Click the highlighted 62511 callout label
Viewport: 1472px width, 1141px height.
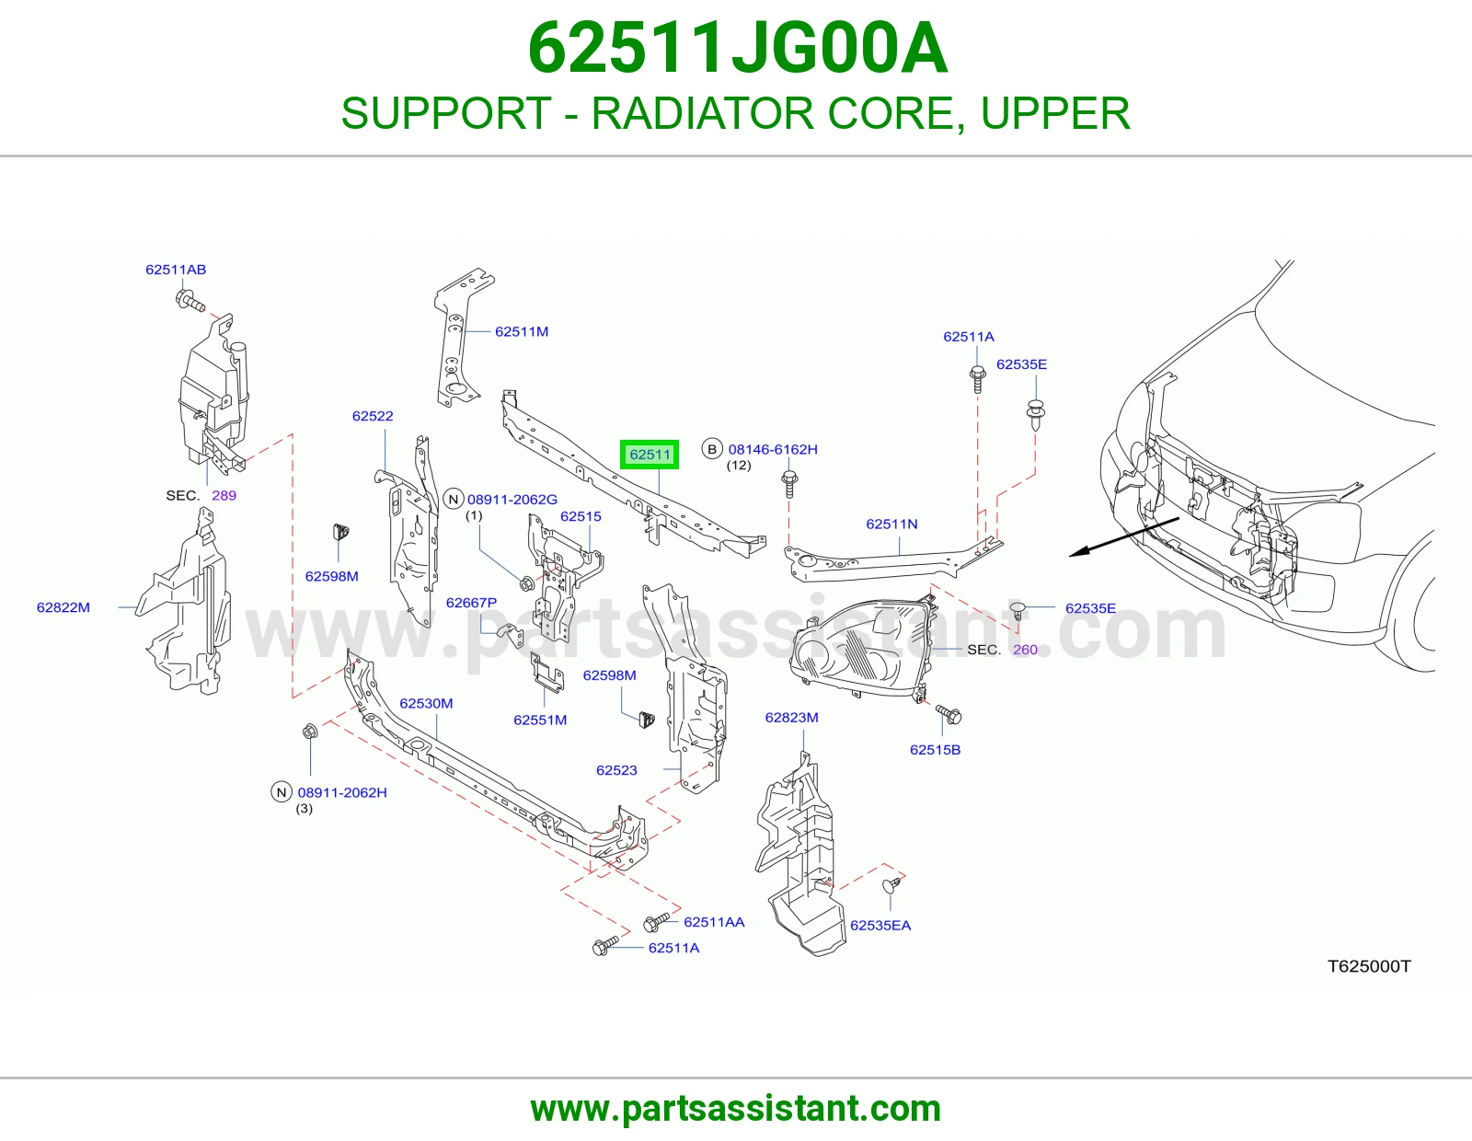[x=650, y=454]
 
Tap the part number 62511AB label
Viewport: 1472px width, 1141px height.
[x=176, y=269]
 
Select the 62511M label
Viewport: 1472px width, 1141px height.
[x=522, y=331]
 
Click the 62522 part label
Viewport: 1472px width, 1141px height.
[x=373, y=416]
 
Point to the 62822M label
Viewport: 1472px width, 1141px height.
[x=63, y=607]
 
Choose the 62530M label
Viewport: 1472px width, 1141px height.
[x=426, y=703]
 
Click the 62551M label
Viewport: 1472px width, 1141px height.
[x=540, y=720]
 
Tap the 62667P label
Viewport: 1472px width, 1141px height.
[x=471, y=603]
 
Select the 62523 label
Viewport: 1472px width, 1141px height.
[x=616, y=769]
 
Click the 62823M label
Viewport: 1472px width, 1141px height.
[x=792, y=718]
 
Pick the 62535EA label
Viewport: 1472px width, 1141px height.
[x=880, y=926]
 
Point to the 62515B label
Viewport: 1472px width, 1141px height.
[x=935, y=749]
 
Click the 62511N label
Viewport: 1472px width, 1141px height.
[x=892, y=524]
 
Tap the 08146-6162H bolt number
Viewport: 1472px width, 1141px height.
[x=773, y=449]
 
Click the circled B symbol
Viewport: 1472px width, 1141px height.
[x=712, y=449]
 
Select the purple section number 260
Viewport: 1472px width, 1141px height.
[x=1025, y=650]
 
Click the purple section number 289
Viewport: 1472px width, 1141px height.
[x=224, y=495]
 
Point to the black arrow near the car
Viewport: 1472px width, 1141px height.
[x=1124, y=537]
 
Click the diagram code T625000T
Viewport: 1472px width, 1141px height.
[x=1369, y=966]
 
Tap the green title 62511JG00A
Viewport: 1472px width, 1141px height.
[x=737, y=49]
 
